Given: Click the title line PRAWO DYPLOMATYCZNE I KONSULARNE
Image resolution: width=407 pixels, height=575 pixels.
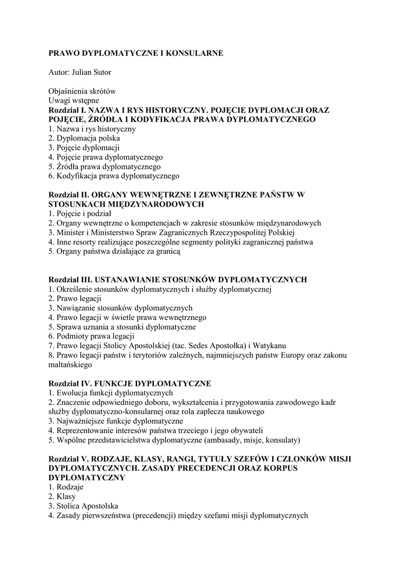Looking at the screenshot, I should point(136,53).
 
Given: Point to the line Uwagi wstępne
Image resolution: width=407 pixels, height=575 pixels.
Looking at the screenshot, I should point(74,101).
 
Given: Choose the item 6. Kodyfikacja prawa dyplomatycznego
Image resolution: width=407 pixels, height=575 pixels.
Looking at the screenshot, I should point(113,176).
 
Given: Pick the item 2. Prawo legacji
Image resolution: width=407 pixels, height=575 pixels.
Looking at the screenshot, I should point(74,299).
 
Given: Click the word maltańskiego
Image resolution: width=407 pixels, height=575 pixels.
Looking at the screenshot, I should point(70,364).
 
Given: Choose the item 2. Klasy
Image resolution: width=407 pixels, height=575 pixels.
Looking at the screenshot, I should point(62,496).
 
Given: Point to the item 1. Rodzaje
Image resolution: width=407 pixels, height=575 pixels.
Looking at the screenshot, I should point(65,487).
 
